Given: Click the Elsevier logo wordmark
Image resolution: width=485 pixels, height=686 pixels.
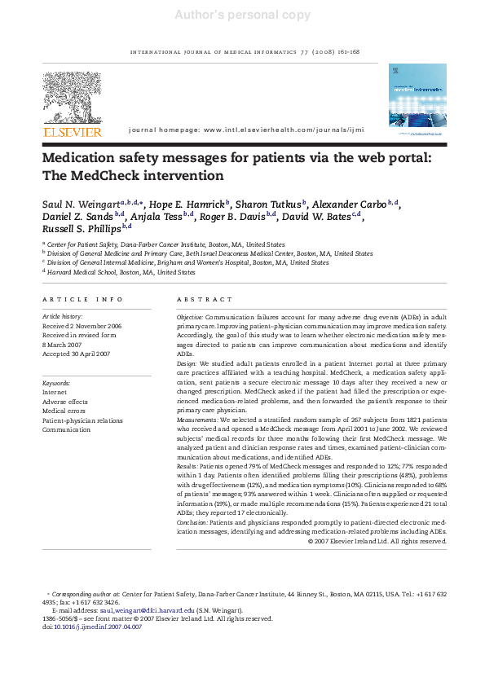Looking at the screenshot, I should [73, 132].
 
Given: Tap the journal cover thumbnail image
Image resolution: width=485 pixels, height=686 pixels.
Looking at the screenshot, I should [418, 96].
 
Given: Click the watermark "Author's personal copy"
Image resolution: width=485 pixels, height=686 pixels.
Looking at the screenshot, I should [242, 15].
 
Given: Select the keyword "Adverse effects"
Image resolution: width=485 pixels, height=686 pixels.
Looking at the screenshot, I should [65, 402].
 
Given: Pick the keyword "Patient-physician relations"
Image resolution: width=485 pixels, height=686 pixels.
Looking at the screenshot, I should [83, 420].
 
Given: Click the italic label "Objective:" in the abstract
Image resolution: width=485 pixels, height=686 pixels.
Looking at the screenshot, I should [190, 315].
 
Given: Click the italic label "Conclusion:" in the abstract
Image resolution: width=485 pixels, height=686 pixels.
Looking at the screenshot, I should [192, 522].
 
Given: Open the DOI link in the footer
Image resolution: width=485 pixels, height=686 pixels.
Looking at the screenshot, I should [101, 627].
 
